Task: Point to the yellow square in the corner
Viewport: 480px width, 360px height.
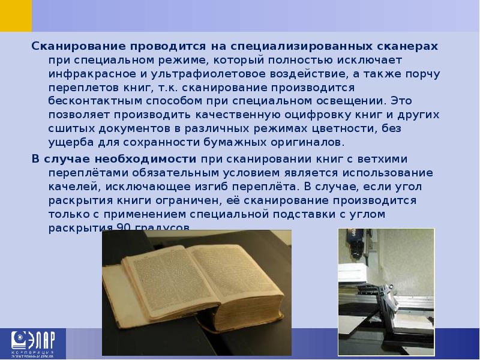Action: pyautogui.click(x=16, y=16)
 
